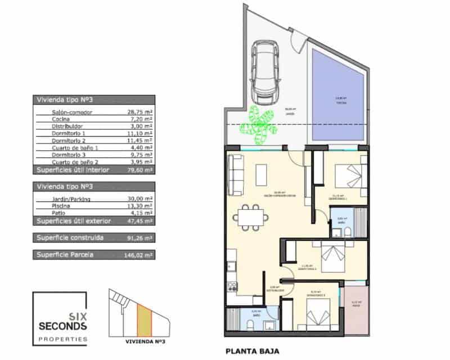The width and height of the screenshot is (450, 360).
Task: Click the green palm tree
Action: pos(260,125)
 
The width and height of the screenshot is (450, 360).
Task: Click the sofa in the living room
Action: pos(235,174)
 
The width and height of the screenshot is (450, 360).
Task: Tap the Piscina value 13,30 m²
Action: pos(141,206)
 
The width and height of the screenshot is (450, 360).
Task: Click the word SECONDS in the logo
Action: pos(62,326)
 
